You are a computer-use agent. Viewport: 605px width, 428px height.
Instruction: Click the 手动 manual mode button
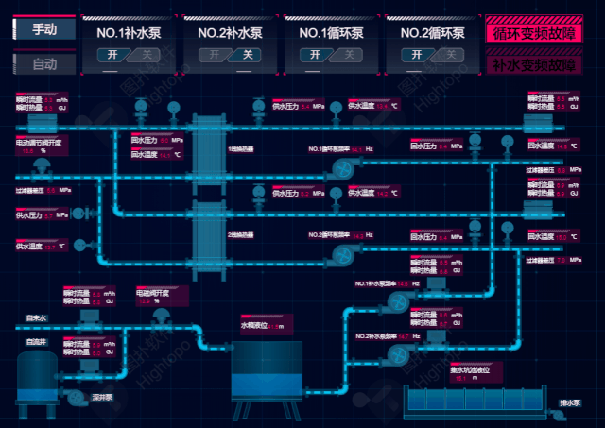[x=44, y=29]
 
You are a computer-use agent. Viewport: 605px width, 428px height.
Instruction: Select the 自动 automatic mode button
[x=44, y=65]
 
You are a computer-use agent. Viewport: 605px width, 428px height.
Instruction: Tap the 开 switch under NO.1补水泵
[x=112, y=55]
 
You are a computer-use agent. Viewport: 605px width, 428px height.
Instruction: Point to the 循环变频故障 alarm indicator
[x=533, y=31]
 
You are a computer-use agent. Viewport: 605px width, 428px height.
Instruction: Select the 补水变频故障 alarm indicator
[x=533, y=65]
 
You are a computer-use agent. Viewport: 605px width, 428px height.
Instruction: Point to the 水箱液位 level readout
[x=261, y=326]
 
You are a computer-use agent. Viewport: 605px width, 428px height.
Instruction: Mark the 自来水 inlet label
[x=36, y=318]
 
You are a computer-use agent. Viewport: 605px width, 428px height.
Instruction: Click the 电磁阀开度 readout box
[x=157, y=296]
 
